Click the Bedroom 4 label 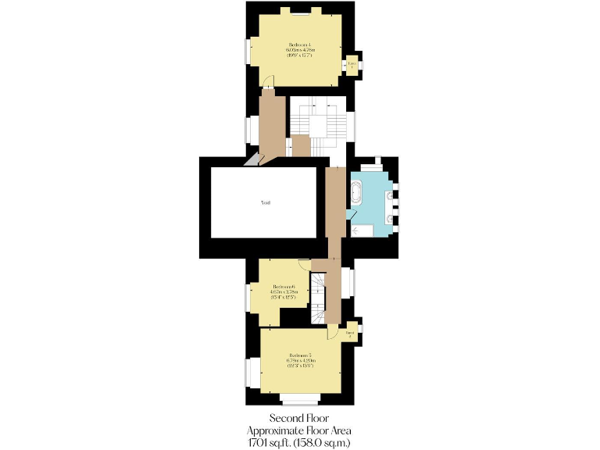pos(300,44)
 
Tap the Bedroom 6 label pos(283,287)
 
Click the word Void pos(266,202)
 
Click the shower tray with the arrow pos(362,230)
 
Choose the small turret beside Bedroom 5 pos(352,334)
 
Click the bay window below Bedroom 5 pos(300,400)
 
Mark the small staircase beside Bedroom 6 pos(319,297)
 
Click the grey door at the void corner pos(254,159)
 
